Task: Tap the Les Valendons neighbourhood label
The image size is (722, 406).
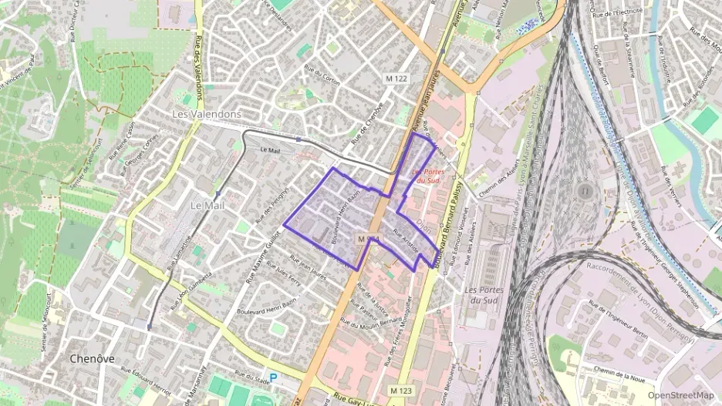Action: pyautogui.click(x=206, y=114)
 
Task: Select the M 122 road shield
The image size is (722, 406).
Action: pyautogui.click(x=396, y=79)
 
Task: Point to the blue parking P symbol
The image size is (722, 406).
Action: pyautogui.click(x=273, y=378)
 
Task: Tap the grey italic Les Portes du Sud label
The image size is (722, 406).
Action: pyautogui.click(x=484, y=294)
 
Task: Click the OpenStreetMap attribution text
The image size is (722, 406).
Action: pyautogui.click(x=681, y=395)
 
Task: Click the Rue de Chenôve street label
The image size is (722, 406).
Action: pyautogui.click(x=367, y=125)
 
